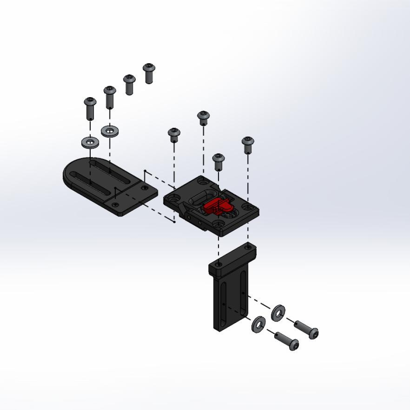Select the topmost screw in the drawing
(149, 73)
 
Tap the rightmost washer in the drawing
(278, 311)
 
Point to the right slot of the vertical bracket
(243, 293)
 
